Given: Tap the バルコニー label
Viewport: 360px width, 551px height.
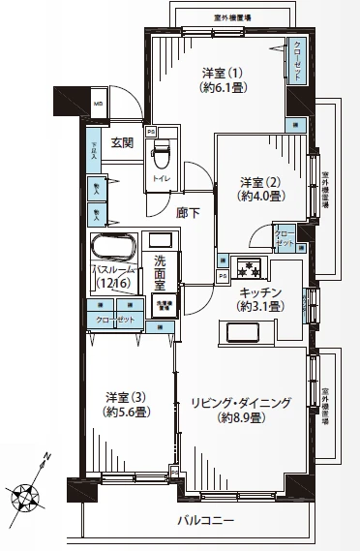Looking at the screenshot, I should (x=206, y=521).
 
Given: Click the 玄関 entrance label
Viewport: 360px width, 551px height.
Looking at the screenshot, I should (x=121, y=143).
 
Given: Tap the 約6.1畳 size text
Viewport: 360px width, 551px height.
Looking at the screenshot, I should (x=221, y=87).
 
